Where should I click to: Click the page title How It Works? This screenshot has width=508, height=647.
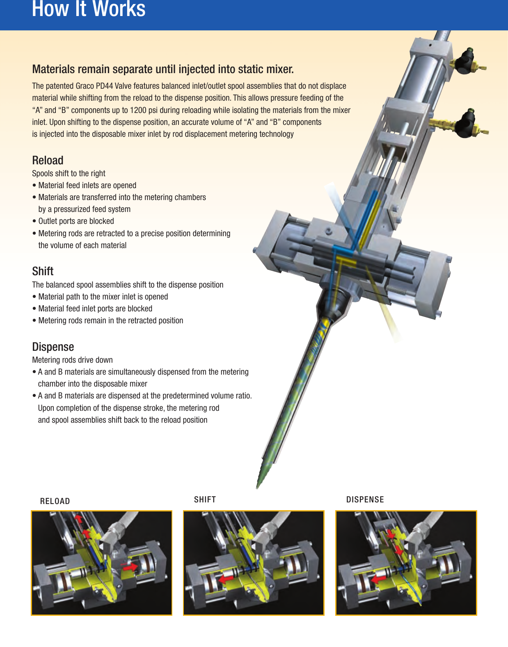pos(89,9)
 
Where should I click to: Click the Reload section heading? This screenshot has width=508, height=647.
pos(48,160)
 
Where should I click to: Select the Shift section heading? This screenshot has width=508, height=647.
pos(43,271)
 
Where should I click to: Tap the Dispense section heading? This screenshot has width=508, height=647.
pos(53,347)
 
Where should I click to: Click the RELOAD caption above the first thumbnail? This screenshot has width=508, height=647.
pos(55,501)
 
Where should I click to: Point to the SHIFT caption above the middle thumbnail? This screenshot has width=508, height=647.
pos(205,500)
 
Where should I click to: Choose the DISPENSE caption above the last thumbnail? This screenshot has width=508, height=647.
pos(365,500)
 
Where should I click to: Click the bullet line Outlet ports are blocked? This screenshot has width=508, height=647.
pos(76,221)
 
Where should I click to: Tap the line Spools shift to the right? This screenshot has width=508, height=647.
pos(69,173)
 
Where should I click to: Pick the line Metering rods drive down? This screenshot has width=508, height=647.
pos(72,360)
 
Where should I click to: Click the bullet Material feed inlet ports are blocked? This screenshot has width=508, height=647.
pos(95,309)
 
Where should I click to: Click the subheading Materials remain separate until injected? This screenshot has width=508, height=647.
pos(162,69)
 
